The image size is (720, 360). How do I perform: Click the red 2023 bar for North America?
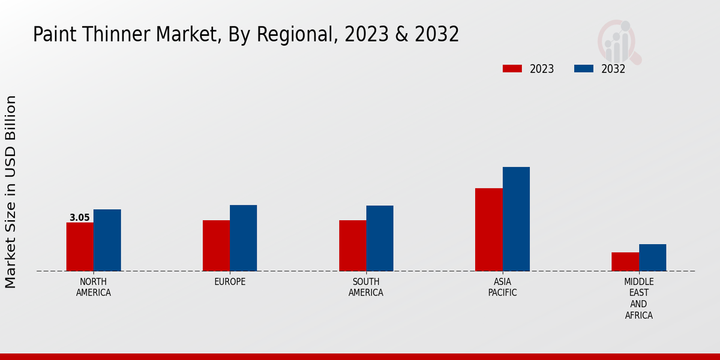pyautogui.click(x=80, y=247)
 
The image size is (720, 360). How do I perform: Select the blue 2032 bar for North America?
pyautogui.click(x=107, y=240)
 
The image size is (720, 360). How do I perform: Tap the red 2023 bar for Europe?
pyautogui.click(x=216, y=245)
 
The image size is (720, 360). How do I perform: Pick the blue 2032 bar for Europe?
pyautogui.click(x=244, y=238)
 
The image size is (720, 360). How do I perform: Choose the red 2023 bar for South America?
pyautogui.click(x=353, y=245)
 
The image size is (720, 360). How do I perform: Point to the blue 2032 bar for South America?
pyautogui.click(x=380, y=238)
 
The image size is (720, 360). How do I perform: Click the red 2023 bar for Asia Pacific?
pyautogui.click(x=489, y=229)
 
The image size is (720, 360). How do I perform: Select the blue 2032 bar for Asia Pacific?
pyautogui.click(x=516, y=219)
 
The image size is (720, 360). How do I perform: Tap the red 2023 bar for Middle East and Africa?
pyautogui.click(x=625, y=262)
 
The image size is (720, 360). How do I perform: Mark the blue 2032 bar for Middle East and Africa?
pyautogui.click(x=653, y=257)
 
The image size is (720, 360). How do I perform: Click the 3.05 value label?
pyautogui.click(x=80, y=218)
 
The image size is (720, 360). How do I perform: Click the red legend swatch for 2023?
pyautogui.click(x=512, y=68)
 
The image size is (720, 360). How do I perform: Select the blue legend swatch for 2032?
pyautogui.click(x=584, y=68)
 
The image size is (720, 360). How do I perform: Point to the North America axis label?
pyautogui.click(x=94, y=287)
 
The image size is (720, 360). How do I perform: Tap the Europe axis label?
pyautogui.click(x=230, y=282)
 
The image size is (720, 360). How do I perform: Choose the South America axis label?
pyautogui.click(x=366, y=287)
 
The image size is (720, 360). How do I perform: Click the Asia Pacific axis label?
pyautogui.click(x=503, y=287)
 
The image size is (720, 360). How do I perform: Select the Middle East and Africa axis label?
pyautogui.click(x=639, y=298)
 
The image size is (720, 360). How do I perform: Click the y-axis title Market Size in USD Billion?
pyautogui.click(x=11, y=191)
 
